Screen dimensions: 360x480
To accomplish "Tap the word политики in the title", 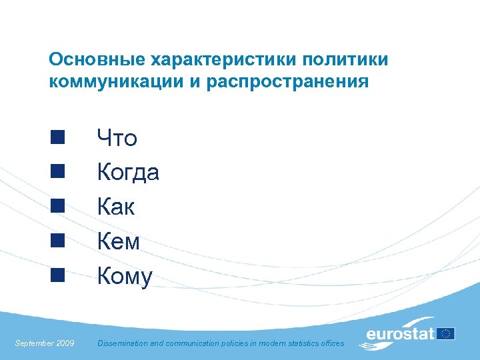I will pyautogui.click(x=345, y=60).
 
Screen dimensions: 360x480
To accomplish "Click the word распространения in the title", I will pyautogui.click(x=285, y=82).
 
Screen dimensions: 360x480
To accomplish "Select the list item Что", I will pyautogui.click(x=117, y=139).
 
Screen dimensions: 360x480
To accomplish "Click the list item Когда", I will pyautogui.click(x=128, y=173).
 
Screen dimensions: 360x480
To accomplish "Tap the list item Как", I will pyautogui.click(x=116, y=207).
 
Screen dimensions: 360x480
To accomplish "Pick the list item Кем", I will pyautogui.click(x=119, y=241).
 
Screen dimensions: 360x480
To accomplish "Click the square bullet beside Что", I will pyautogui.click(x=57, y=138).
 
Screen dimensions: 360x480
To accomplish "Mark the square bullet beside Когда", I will pyautogui.click(x=57, y=172).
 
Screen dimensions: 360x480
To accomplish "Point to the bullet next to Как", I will pyautogui.click(x=57, y=206).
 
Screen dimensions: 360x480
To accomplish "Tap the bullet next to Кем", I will pyautogui.click(x=57, y=241).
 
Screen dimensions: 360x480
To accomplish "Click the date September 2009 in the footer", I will pyautogui.click(x=45, y=343).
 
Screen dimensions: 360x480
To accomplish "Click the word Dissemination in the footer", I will pyautogui.click(x=122, y=343).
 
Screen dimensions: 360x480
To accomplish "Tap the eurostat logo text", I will pyautogui.click(x=400, y=333).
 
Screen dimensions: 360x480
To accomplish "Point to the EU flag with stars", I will pyautogui.click(x=446, y=333).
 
